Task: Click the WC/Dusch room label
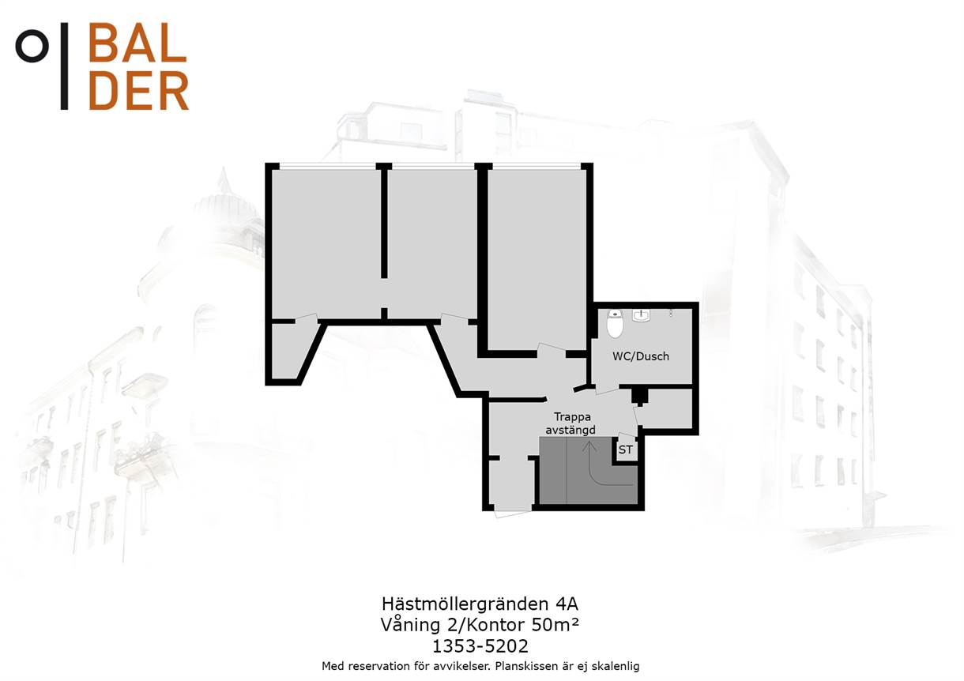click(x=641, y=356)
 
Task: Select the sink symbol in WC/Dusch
click(x=642, y=316)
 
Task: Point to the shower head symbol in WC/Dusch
click(x=671, y=313)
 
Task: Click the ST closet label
click(x=626, y=450)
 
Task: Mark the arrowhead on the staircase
click(x=589, y=446)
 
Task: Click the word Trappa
click(x=572, y=417)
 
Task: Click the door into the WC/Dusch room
click(x=607, y=389)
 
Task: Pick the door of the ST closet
click(x=624, y=436)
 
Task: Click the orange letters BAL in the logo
click(x=137, y=42)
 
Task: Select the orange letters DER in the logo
click(x=138, y=91)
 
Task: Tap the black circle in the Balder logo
click(x=32, y=46)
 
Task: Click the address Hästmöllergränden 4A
click(x=480, y=604)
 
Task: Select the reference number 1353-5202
click(x=480, y=646)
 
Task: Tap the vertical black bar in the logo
click(x=64, y=66)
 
